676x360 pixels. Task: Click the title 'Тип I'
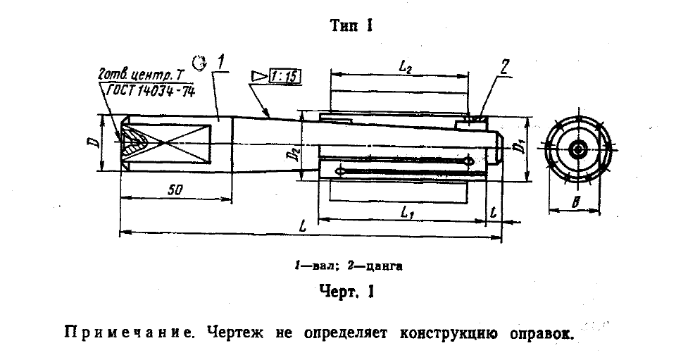pyautogui.click(x=351, y=25)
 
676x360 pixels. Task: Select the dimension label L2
pyautogui.click(x=404, y=66)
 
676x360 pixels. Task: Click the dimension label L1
pyautogui.click(x=407, y=212)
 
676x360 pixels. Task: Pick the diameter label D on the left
pyautogui.click(x=95, y=142)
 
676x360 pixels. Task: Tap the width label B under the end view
pyautogui.click(x=575, y=201)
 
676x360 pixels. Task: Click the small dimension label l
pyautogui.click(x=494, y=212)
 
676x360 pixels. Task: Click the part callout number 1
pyautogui.click(x=220, y=63)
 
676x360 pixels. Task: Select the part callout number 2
pyautogui.click(x=505, y=67)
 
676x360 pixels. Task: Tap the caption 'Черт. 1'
pyautogui.click(x=346, y=292)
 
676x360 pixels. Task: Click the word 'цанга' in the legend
pyautogui.click(x=384, y=266)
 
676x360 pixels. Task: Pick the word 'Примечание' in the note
pyautogui.click(x=128, y=333)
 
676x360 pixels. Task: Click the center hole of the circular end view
pyautogui.click(x=577, y=150)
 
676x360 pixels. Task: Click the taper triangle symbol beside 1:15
pyautogui.click(x=260, y=76)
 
